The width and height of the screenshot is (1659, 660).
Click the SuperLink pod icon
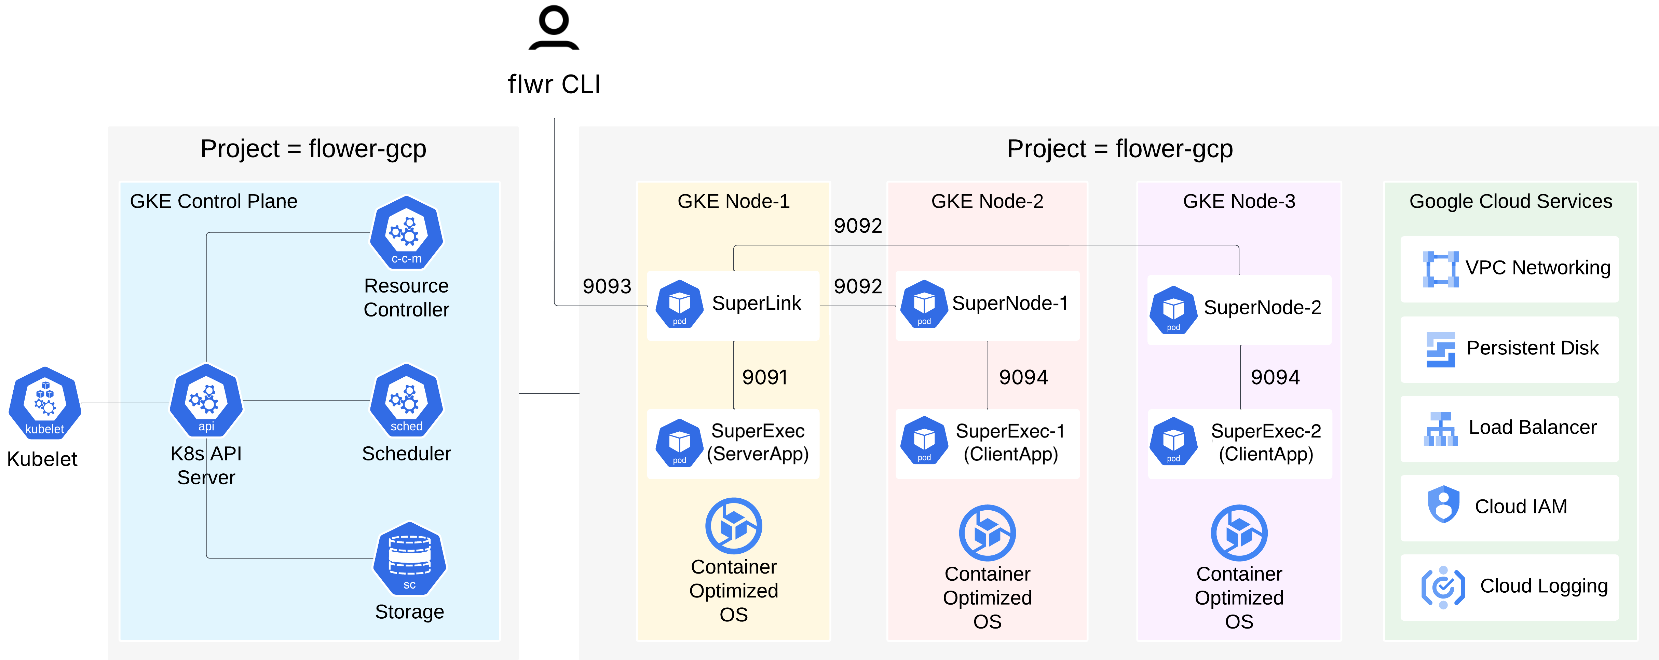click(679, 304)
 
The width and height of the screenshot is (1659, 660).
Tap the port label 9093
click(607, 286)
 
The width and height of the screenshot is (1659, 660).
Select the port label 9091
click(764, 377)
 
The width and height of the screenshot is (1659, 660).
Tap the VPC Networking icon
click(1441, 269)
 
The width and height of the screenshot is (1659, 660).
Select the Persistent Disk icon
click(1441, 349)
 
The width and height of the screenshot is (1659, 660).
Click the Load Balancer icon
click(1441, 429)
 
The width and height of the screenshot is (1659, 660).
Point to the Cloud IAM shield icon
click(1443, 504)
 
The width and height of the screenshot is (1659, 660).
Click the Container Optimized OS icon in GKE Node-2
click(987, 533)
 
